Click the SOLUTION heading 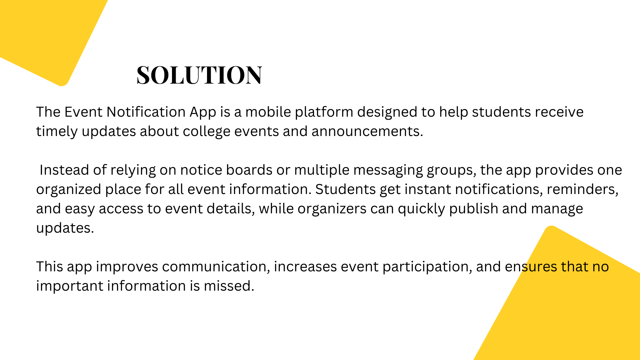click(199, 75)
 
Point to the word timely click(57, 132)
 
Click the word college click(206, 132)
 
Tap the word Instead click(64, 170)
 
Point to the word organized click(69, 190)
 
